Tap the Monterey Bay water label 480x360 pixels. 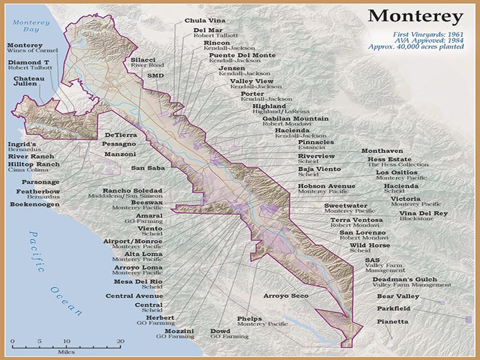(x=25, y=26)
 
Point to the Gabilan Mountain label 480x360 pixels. (x=295, y=119)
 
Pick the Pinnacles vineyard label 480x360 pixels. (x=316, y=142)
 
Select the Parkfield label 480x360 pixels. (x=394, y=308)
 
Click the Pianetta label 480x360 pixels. (x=392, y=322)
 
